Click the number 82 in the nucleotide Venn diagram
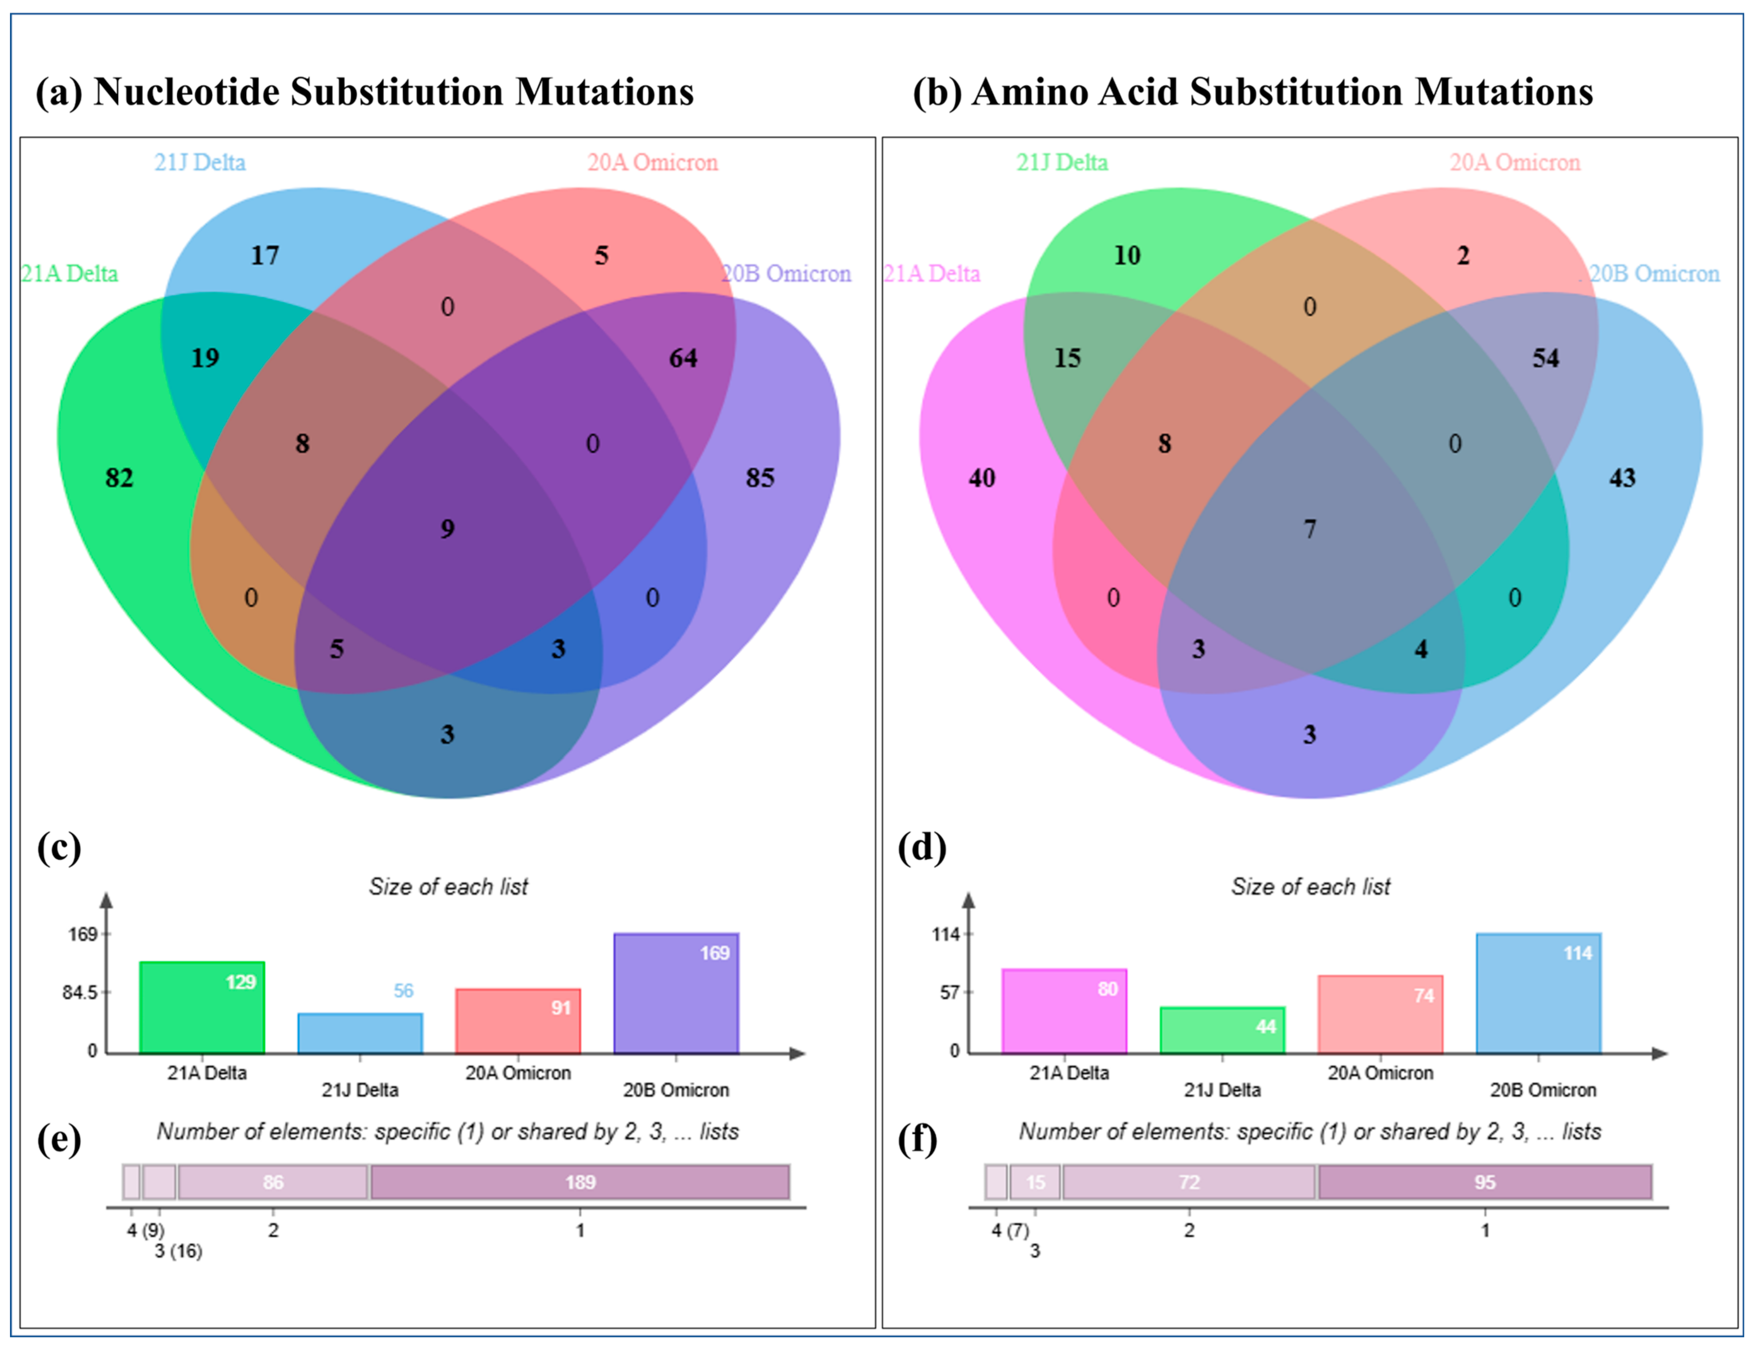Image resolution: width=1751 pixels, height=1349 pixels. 119,478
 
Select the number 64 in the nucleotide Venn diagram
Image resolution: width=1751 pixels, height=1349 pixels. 683,358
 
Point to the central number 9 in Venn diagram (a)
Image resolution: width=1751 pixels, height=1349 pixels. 447,529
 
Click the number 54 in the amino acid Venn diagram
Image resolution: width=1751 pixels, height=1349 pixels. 1546,358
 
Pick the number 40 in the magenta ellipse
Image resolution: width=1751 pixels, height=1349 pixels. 981,478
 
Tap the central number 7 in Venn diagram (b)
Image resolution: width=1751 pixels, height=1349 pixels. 1309,529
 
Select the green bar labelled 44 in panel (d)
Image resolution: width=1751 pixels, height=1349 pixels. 1222,1031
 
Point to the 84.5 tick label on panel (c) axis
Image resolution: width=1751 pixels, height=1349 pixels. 80,993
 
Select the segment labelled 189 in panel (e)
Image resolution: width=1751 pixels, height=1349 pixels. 580,1182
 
